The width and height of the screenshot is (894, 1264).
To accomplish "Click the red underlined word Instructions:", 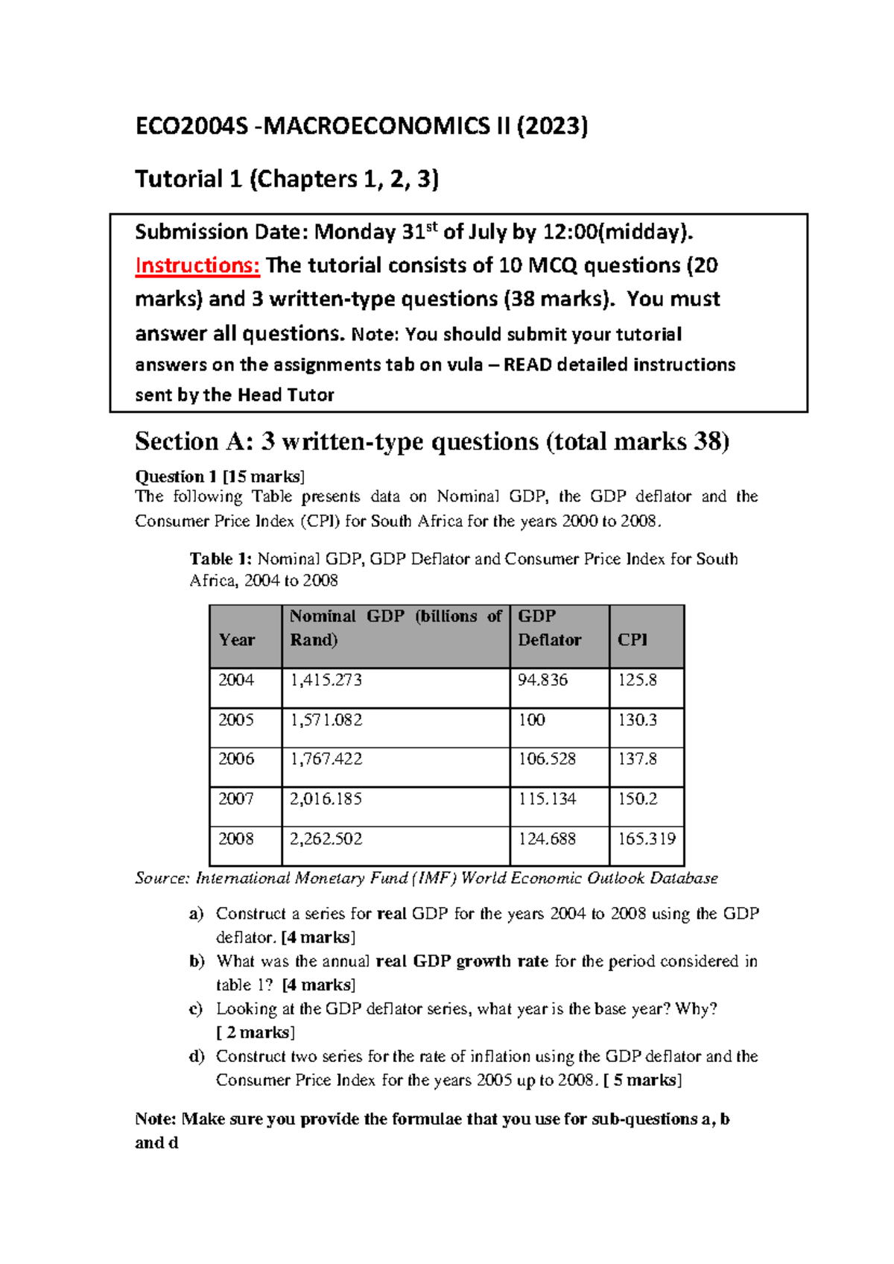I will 197,265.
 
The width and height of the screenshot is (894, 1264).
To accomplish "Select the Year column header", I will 237,639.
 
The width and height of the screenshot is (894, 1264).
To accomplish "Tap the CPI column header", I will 633,639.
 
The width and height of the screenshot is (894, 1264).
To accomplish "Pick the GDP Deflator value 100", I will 532,720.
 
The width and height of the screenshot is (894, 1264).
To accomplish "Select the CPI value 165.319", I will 646,838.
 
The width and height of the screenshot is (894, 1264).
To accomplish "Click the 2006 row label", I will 236,759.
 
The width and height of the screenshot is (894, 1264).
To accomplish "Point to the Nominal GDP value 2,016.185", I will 326,799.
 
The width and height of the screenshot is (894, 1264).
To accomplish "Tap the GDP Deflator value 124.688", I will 547,838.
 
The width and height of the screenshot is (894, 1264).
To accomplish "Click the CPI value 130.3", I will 637,720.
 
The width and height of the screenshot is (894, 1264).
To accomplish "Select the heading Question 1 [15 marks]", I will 220,476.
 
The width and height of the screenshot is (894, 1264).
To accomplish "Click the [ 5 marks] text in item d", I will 643,1080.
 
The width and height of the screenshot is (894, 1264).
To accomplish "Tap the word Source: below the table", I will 162,878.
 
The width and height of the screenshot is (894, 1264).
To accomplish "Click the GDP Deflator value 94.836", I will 542,680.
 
